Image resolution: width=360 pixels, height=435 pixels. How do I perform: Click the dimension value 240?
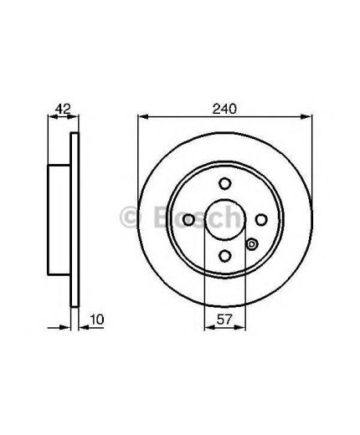point(224,109)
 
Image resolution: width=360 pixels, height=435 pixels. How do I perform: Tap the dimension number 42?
point(63,109)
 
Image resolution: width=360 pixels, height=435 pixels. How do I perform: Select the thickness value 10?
point(97,320)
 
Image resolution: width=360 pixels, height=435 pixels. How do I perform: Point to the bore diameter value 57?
point(224,320)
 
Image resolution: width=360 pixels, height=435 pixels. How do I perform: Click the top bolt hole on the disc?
point(224,184)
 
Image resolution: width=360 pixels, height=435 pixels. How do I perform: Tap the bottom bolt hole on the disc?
point(224,256)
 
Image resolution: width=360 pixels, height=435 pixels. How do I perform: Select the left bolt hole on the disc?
point(188,220)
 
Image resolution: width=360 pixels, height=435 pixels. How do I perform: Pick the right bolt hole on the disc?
point(261,220)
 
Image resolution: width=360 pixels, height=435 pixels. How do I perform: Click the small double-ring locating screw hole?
point(252,244)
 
